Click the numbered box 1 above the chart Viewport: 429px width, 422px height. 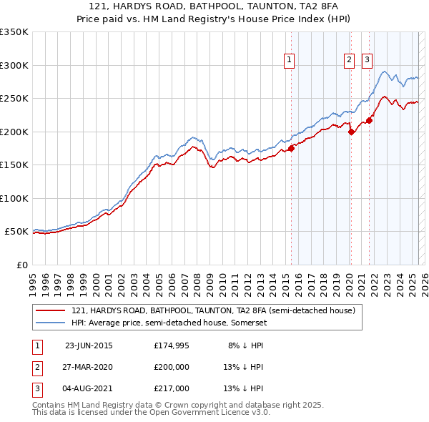(x=290, y=61)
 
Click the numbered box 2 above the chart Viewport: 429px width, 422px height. (x=350, y=61)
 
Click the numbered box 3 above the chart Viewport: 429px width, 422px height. (x=367, y=61)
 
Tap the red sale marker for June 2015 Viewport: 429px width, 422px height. (x=291, y=149)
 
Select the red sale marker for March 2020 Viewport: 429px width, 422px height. (x=351, y=132)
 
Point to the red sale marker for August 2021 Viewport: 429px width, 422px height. (x=369, y=120)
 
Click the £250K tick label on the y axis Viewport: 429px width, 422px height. (x=14, y=99)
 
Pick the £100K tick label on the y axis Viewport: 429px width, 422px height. (x=14, y=198)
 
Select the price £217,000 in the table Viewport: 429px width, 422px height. (x=171, y=388)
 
